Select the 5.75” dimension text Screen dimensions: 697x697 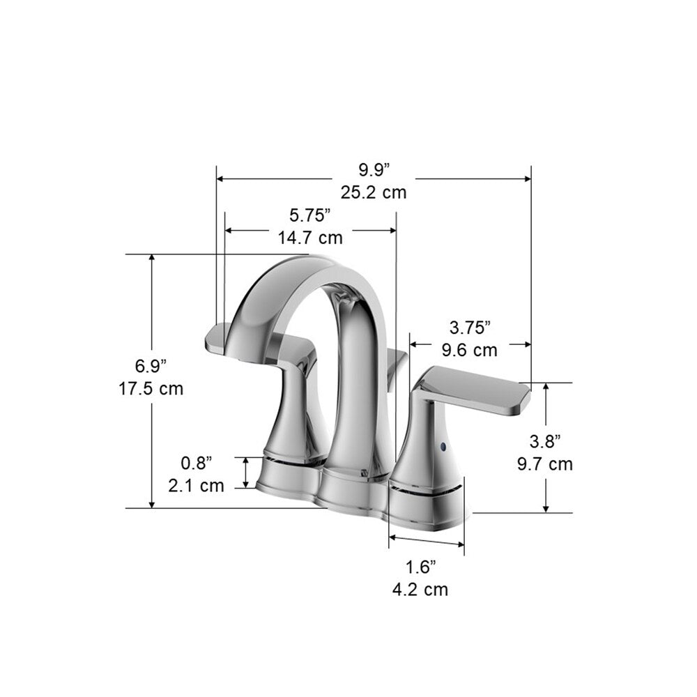coord(310,215)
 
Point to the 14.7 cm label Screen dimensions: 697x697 coord(310,238)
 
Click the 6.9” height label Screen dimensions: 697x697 coord(151,365)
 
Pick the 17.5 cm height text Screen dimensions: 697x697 coord(151,388)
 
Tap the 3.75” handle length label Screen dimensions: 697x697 coord(470,327)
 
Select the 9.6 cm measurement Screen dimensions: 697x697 coord(470,350)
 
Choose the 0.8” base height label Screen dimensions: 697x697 coord(197,462)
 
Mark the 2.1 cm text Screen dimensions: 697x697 coord(197,485)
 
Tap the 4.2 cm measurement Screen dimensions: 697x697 coord(420,590)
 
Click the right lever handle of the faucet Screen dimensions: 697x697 coord(481,390)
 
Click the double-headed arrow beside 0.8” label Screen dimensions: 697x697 coord(246,473)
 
